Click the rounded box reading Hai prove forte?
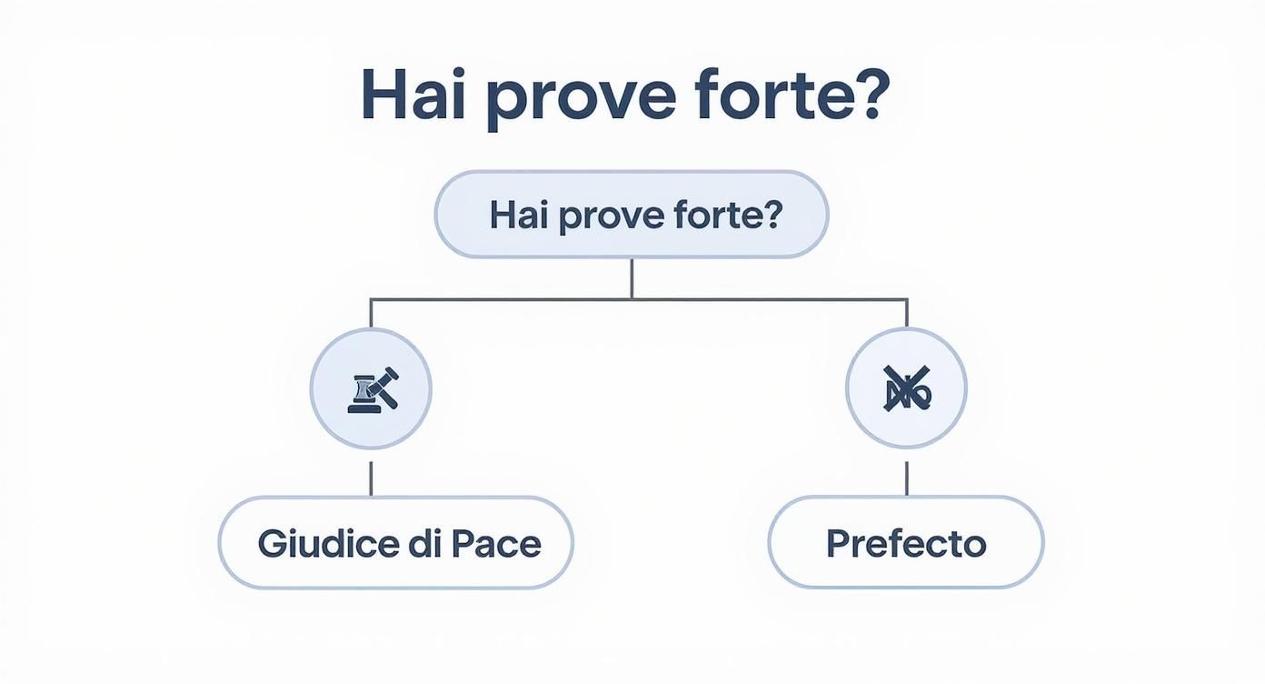(x=631, y=215)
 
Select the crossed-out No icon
(x=906, y=388)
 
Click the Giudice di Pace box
(x=395, y=543)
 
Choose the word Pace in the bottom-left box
(x=496, y=543)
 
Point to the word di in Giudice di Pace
(x=419, y=543)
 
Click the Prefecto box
(x=906, y=543)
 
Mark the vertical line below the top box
(x=631, y=278)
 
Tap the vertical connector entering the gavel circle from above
(x=371, y=313)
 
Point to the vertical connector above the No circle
(x=906, y=313)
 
